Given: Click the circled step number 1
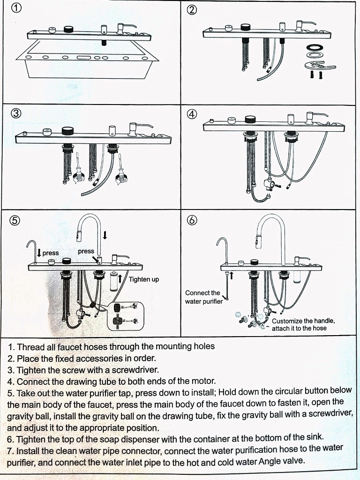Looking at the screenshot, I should pyautogui.click(x=17, y=8).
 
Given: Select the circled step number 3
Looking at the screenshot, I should pyautogui.click(x=16, y=113).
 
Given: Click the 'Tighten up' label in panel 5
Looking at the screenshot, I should pyautogui.click(x=143, y=279).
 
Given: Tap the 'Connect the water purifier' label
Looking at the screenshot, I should pyautogui.click(x=203, y=297).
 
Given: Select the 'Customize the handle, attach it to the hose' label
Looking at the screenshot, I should pyautogui.click(x=303, y=324).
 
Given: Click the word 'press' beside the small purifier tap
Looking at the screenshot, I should pyautogui.click(x=51, y=253).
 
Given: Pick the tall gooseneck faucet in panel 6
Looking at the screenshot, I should pyautogui.click(x=275, y=234).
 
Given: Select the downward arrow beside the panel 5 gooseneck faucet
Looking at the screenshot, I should pyautogui.click(x=105, y=234).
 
